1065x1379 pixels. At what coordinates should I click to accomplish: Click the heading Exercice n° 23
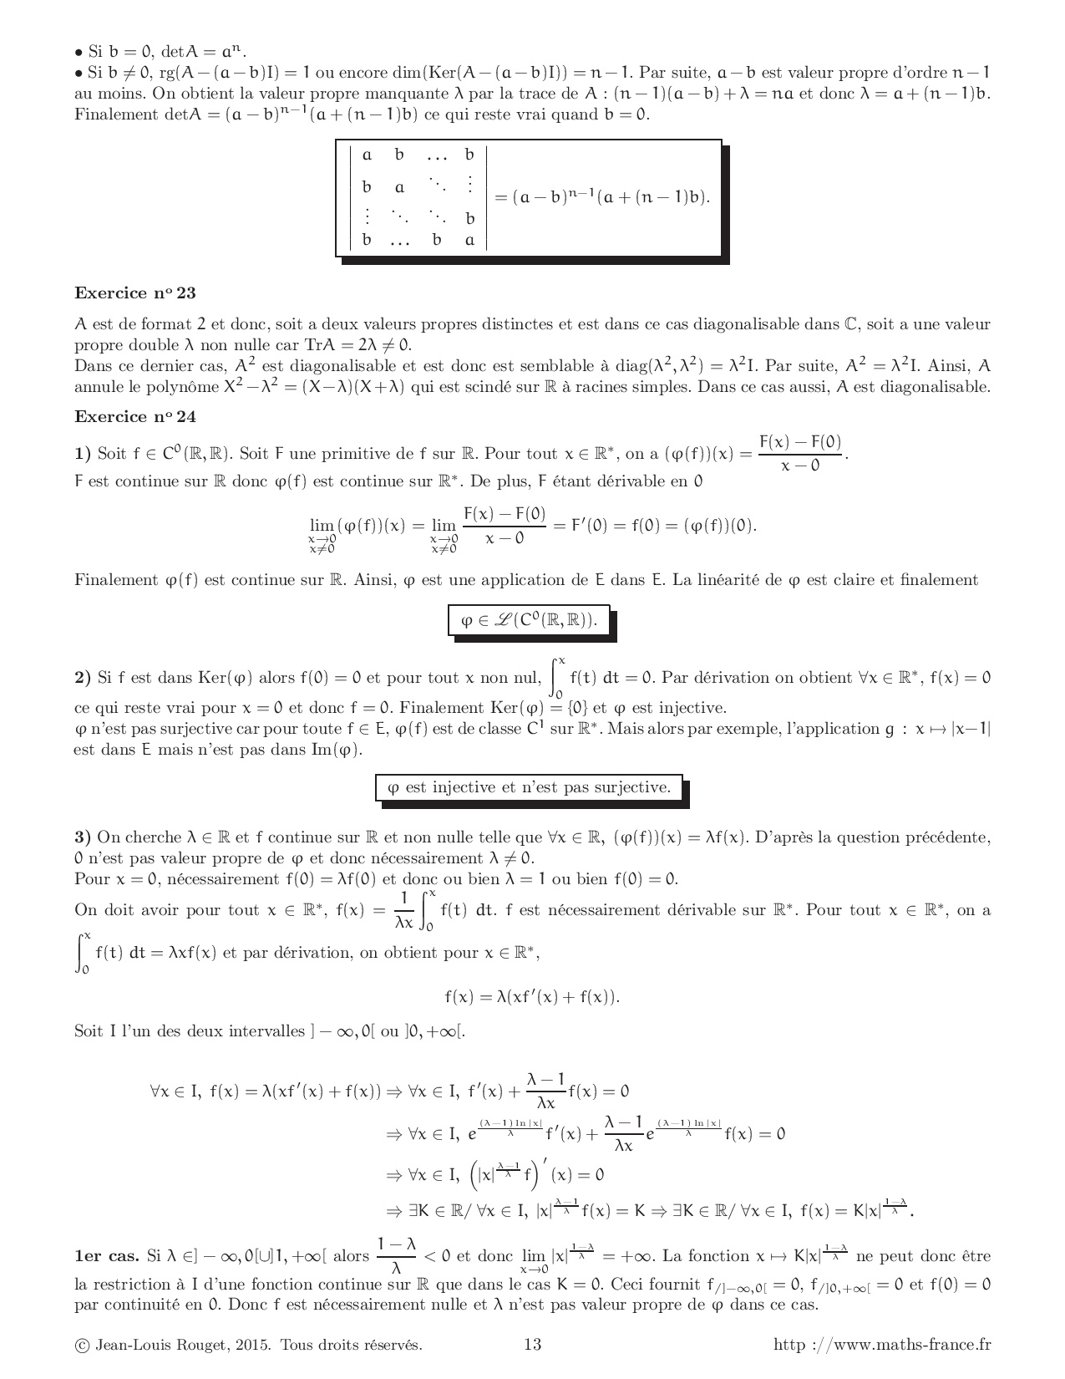pyautogui.click(x=135, y=293)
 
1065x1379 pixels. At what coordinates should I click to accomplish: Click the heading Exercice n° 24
pyautogui.click(x=135, y=417)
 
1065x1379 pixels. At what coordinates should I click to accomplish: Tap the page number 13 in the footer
pyautogui.click(x=532, y=1344)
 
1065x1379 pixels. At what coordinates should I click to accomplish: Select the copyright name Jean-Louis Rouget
pyautogui.click(x=159, y=1344)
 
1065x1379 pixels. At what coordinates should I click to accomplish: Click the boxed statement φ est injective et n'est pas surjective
pyautogui.click(x=529, y=787)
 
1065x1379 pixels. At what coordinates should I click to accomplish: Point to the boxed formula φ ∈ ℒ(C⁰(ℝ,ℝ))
pyautogui.click(x=529, y=620)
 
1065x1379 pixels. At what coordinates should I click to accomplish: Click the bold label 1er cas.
pyautogui.click(x=106, y=1256)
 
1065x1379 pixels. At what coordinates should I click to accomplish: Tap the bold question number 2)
pyautogui.click(x=82, y=678)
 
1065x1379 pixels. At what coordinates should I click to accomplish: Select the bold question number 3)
pyautogui.click(x=82, y=837)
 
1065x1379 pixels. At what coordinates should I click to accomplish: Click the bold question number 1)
pyautogui.click(x=82, y=454)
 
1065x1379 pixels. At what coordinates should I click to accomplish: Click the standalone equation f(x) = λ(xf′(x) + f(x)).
pyautogui.click(x=532, y=996)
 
